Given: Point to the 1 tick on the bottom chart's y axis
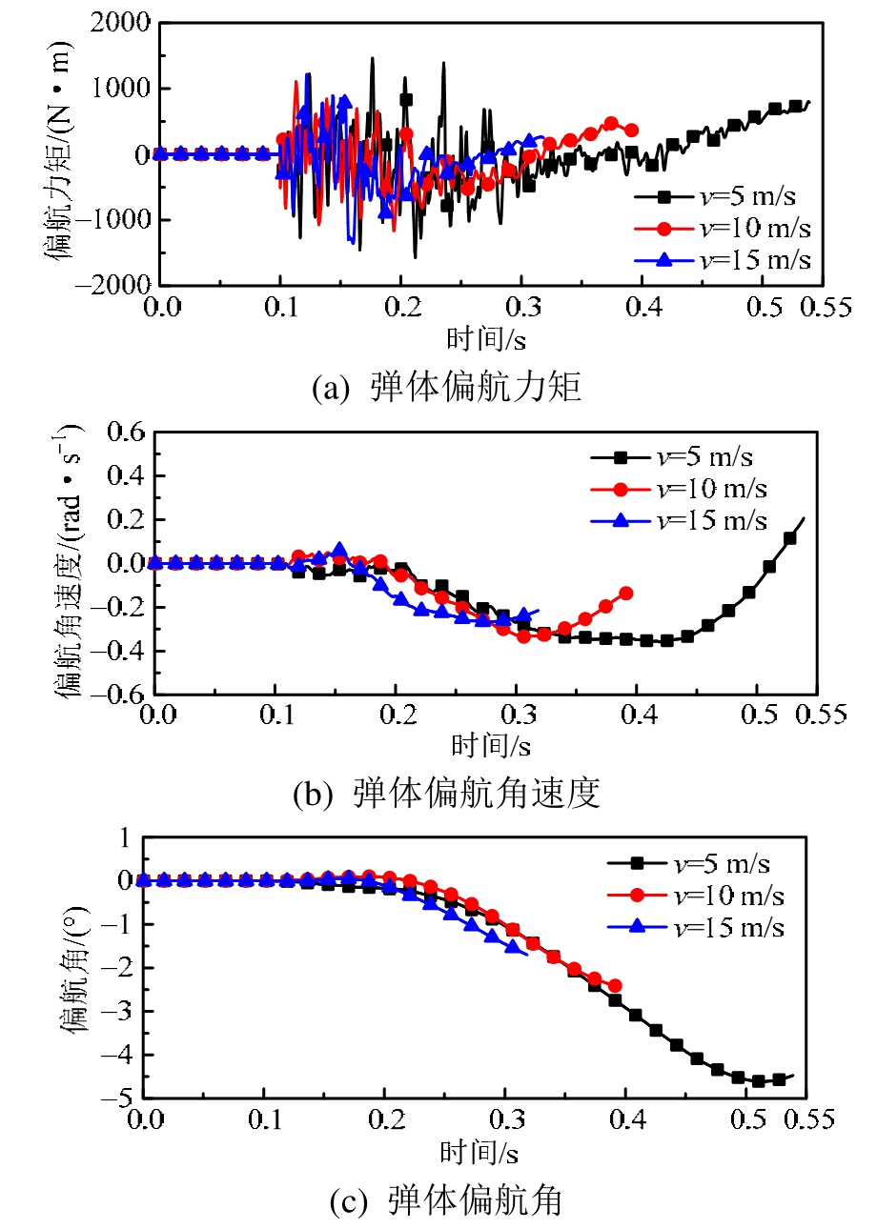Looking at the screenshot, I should [x=122, y=838].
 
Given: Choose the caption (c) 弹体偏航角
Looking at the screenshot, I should [x=445, y=1202].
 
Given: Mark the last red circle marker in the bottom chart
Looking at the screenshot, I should [x=615, y=986].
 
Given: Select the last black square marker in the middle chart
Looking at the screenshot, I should [x=789, y=538].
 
